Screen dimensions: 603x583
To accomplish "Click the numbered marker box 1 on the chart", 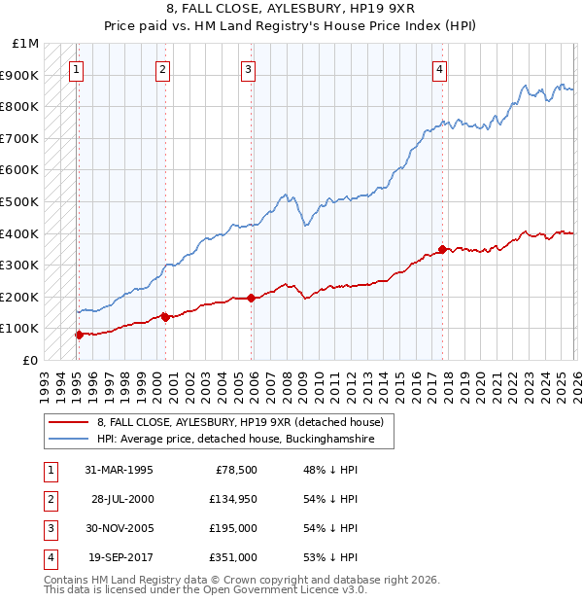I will [x=77, y=69].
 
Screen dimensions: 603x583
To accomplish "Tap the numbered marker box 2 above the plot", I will [x=162, y=69].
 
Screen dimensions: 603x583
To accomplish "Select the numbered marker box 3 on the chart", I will [x=249, y=69].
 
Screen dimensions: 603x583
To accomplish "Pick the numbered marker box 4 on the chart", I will [x=440, y=69].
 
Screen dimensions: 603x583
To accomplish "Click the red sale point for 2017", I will [x=442, y=249].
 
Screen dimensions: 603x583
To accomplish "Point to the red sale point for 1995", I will [x=79, y=335].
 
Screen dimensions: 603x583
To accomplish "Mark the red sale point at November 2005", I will [x=251, y=298].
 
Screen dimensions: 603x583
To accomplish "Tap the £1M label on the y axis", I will [x=26, y=44].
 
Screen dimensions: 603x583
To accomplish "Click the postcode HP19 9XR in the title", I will [x=384, y=9].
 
